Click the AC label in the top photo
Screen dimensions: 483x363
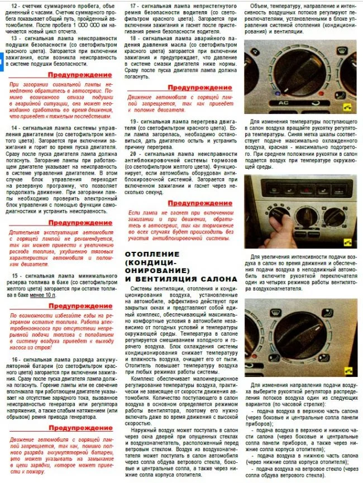pyautogui.click(x=283, y=102)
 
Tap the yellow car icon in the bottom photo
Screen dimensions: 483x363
pyautogui.click(x=348, y=370)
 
